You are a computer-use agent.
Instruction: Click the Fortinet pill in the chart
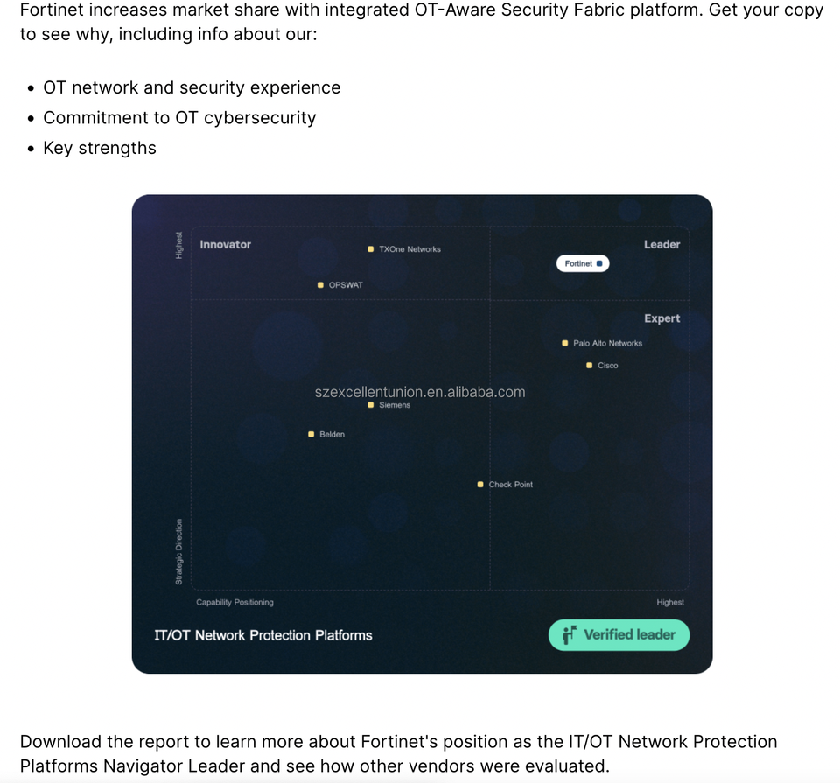click(x=583, y=263)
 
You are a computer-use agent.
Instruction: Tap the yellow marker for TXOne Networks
click(x=371, y=249)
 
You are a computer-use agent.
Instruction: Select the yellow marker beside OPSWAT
click(x=321, y=285)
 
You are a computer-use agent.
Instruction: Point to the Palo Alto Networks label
click(x=607, y=343)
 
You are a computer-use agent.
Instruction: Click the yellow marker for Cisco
click(x=590, y=365)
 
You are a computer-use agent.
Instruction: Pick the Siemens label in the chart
click(x=395, y=405)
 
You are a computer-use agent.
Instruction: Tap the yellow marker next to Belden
click(x=311, y=434)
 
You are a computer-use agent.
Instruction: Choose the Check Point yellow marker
click(x=480, y=484)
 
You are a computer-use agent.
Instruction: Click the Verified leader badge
click(x=619, y=635)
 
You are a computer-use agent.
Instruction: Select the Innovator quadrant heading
click(x=225, y=244)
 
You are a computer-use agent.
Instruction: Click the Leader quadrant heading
click(x=661, y=244)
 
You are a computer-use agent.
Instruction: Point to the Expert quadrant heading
click(x=661, y=318)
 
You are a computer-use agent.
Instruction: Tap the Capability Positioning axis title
click(x=234, y=602)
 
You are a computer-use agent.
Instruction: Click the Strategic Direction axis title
click(x=179, y=552)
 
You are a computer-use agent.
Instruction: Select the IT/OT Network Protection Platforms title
click(x=263, y=635)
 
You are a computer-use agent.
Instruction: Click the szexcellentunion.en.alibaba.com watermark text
click(x=420, y=392)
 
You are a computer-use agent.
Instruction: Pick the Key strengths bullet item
click(x=100, y=148)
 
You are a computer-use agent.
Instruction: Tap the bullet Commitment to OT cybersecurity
click(x=179, y=117)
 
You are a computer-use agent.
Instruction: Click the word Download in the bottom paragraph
click(x=59, y=741)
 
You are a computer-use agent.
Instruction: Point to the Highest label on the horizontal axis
click(x=670, y=602)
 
